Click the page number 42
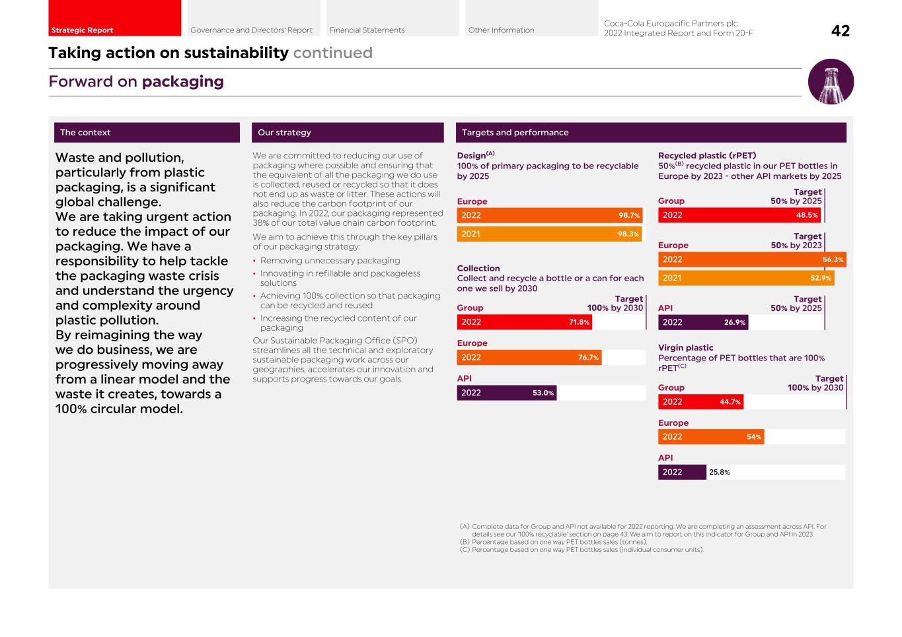pyautogui.click(x=840, y=31)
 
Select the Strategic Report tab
pyautogui.click(x=82, y=30)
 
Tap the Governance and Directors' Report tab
pyautogui.click(x=251, y=30)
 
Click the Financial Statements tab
pyautogui.click(x=367, y=30)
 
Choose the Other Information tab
pyautogui.click(x=501, y=30)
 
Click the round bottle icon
pyautogui.click(x=831, y=82)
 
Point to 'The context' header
pyautogui.click(x=85, y=133)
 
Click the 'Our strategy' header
pyautogui.click(x=284, y=133)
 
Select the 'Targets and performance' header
pyautogui.click(x=515, y=133)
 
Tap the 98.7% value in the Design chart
pyautogui.click(x=628, y=216)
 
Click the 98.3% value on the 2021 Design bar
pyautogui.click(x=628, y=234)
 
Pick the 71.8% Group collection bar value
pyautogui.click(x=579, y=323)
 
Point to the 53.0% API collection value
pyautogui.click(x=543, y=393)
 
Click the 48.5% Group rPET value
pyautogui.click(x=807, y=215)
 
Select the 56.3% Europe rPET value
pyautogui.click(x=833, y=260)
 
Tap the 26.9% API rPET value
pyautogui.click(x=735, y=323)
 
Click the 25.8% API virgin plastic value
pyautogui.click(x=720, y=473)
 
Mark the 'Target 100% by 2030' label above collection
pyautogui.click(x=615, y=304)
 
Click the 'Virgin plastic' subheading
pyautogui.click(x=685, y=348)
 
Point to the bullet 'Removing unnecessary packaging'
pyautogui.click(x=330, y=261)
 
